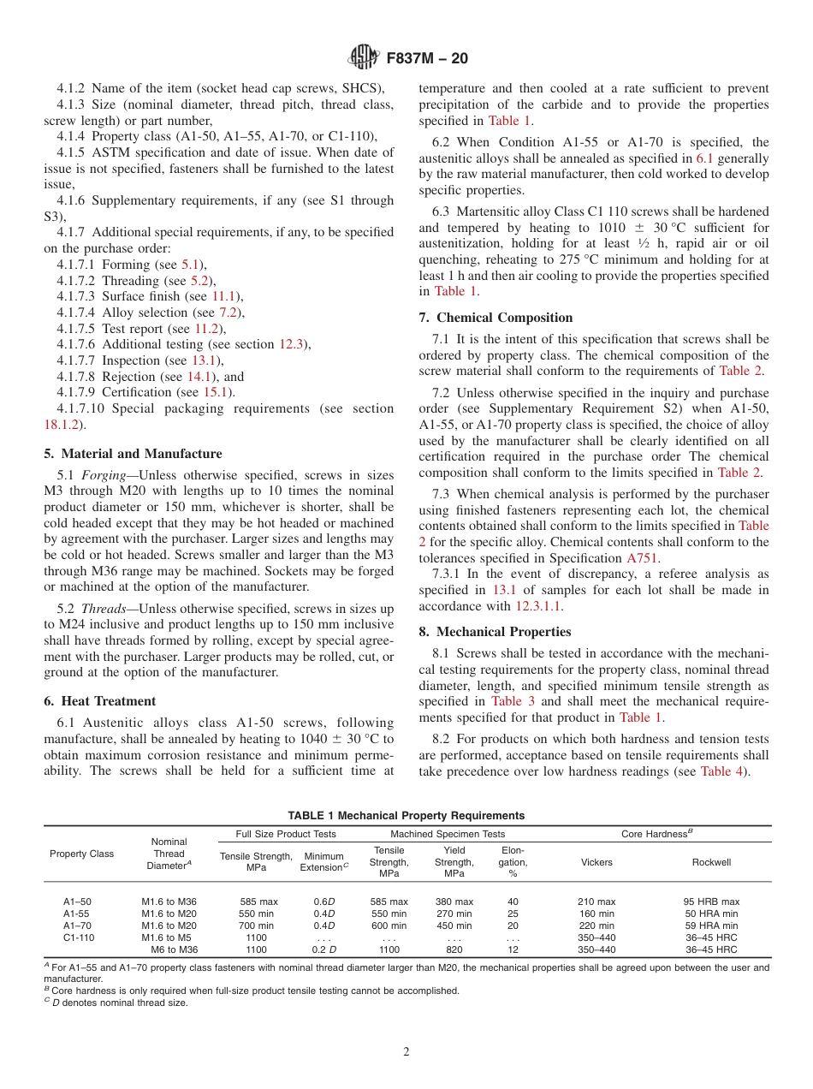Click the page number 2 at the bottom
406,1051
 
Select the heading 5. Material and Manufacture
133,454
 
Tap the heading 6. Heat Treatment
99,701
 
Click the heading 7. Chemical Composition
496,318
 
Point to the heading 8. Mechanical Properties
495,632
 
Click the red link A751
642,558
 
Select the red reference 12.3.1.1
538,606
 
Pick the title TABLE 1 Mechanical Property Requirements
406,816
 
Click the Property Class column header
82,854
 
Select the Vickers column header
596,862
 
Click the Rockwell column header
711,862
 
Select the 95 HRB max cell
711,902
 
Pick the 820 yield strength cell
454,949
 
